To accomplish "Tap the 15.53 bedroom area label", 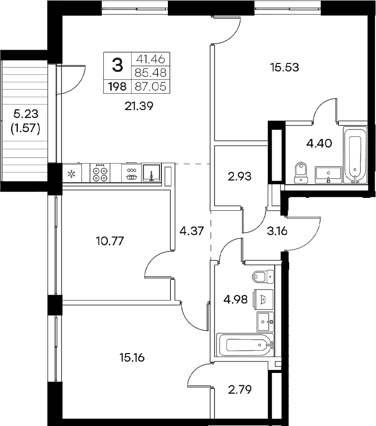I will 284,67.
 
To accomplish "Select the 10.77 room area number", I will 109,242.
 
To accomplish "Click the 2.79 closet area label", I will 239,389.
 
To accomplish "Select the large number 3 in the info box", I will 117,64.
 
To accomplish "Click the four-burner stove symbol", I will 100,173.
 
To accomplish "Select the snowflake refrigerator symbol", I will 71,174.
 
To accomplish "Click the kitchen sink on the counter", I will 150,173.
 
